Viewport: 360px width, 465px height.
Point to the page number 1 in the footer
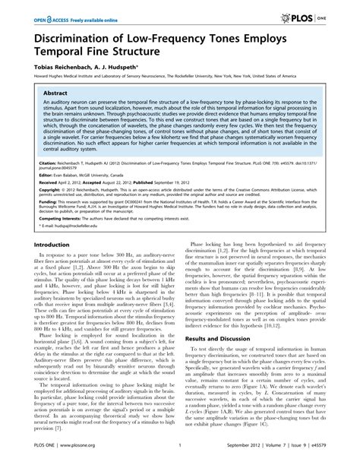click(180, 454)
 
